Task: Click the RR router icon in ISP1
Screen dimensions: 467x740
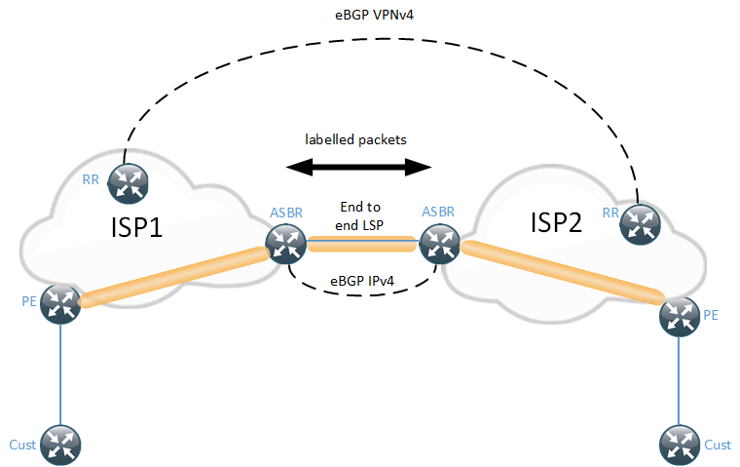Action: pos(127,180)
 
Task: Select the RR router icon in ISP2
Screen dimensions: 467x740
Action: pos(641,222)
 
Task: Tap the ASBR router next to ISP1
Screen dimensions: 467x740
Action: pos(286,244)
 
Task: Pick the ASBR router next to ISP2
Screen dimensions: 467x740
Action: pos(439,244)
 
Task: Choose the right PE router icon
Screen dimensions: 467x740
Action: pos(678,316)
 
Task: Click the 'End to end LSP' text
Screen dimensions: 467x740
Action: pos(361,215)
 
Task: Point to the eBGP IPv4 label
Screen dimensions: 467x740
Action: pos(362,283)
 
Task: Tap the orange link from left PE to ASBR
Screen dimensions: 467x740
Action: pos(175,277)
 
